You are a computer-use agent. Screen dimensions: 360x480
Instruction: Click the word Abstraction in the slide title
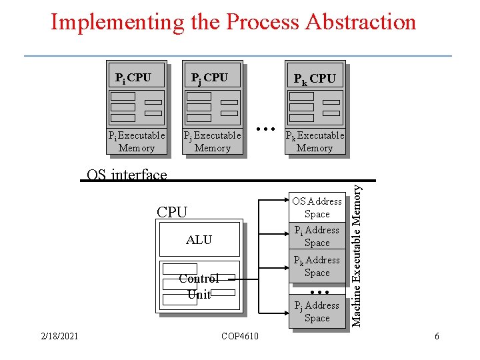click(361, 22)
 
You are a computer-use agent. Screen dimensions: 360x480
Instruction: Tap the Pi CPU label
click(133, 78)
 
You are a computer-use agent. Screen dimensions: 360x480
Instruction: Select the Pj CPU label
click(209, 78)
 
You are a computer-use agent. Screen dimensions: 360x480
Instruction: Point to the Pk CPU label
click(315, 79)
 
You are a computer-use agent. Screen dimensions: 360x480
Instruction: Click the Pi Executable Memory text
click(137, 141)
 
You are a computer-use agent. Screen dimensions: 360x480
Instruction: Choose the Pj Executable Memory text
click(212, 141)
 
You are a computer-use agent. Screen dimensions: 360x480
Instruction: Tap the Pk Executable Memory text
click(315, 141)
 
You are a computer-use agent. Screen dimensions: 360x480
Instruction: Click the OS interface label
click(127, 175)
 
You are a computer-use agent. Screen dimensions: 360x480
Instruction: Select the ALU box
click(199, 240)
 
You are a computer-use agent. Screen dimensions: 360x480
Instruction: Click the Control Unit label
click(199, 287)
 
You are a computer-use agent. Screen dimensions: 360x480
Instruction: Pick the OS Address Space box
click(317, 207)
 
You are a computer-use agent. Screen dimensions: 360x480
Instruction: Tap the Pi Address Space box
click(317, 236)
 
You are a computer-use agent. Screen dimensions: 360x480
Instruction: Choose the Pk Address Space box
click(317, 266)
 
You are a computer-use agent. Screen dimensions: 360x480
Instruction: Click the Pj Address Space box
click(317, 311)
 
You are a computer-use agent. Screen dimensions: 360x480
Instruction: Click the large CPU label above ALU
click(172, 212)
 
